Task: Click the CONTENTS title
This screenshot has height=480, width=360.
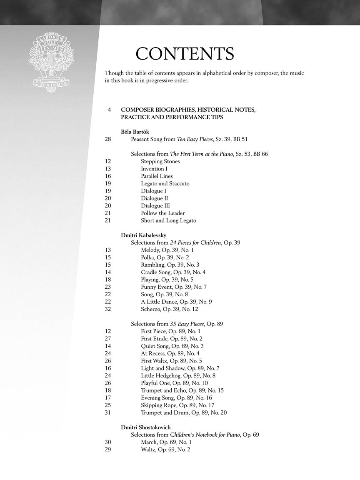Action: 185,54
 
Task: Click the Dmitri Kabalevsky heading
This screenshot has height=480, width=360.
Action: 143,235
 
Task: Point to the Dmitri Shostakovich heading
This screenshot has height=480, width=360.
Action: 145,427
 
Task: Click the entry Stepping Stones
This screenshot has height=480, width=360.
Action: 160,162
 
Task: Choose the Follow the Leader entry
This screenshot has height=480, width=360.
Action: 162,213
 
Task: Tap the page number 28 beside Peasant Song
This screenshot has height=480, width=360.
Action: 108,139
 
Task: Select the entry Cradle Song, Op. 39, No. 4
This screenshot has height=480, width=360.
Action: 173,272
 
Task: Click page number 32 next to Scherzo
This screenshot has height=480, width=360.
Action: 108,309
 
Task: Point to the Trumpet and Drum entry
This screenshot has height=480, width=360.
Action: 184,413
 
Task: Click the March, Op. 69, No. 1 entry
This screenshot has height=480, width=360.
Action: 166,442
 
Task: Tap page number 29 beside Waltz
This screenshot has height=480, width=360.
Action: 108,450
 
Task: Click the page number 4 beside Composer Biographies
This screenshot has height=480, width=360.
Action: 109,110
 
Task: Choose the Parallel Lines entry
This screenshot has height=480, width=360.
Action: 157,176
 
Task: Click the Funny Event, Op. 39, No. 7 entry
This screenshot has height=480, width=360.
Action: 173,287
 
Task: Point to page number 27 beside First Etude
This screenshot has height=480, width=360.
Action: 108,339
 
